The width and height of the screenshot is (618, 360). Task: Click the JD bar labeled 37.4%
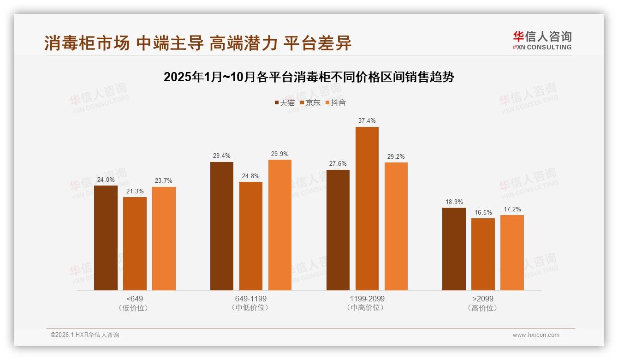pos(367,209)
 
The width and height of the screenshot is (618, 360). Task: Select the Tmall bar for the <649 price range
pos(106,238)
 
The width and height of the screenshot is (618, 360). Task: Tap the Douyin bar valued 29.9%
pos(280,225)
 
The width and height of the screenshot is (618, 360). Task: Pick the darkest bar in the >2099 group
pos(454,249)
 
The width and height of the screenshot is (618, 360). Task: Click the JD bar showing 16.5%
pos(483,254)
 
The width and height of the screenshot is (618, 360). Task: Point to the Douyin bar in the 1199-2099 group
pos(396,226)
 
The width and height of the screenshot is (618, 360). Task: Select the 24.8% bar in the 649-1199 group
pos(251,236)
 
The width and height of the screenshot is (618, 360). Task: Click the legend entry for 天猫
pos(284,103)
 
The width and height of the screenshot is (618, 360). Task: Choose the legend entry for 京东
pos(310,103)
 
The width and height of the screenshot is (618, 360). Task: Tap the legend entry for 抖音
pos(335,103)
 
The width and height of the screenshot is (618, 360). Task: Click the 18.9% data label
pos(454,202)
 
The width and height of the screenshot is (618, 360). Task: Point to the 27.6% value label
pos(338,164)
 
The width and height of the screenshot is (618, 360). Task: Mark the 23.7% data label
pos(164,181)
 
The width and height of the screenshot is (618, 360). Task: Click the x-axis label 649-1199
pos(251,299)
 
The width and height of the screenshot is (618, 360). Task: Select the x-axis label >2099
pos(483,299)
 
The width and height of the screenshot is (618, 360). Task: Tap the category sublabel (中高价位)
pos(367,308)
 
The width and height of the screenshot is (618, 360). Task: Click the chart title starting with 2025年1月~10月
pos(309,77)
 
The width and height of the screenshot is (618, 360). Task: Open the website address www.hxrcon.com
pos(536,335)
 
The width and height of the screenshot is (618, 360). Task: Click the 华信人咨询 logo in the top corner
pos(542,40)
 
